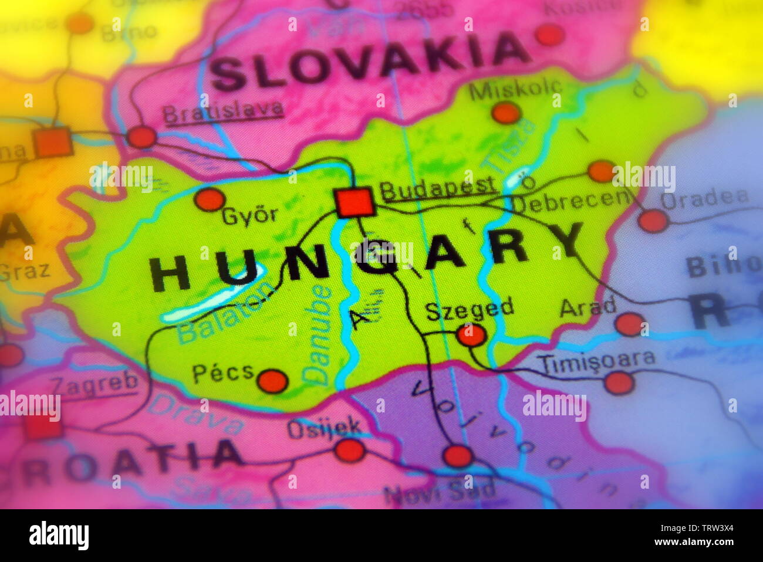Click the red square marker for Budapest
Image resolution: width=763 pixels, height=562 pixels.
354,202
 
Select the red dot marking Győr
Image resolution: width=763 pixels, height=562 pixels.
209,199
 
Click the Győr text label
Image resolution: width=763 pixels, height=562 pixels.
249,216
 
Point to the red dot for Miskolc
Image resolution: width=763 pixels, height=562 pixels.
506,113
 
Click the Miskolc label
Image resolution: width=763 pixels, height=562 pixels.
515,89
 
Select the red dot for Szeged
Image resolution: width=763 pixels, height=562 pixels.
471,335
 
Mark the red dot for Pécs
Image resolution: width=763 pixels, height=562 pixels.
272,381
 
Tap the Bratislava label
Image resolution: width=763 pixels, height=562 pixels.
223,111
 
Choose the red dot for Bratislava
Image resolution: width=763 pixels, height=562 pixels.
141,137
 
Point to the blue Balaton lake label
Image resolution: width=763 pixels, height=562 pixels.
225,313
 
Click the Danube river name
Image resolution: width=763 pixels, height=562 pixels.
319,334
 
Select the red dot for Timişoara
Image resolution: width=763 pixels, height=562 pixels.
619,383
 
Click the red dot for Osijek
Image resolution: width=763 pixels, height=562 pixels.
350,451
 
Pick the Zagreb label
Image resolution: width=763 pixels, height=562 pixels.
94,383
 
